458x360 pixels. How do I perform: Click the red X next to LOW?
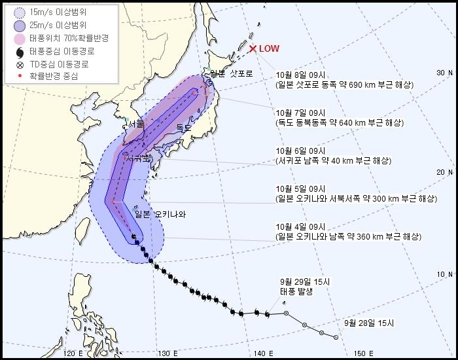[x=253, y=48]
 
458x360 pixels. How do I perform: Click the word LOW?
[x=269, y=48]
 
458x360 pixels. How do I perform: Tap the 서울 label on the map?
[x=136, y=124]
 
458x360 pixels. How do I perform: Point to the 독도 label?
[x=184, y=129]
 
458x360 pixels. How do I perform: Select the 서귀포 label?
[x=138, y=159]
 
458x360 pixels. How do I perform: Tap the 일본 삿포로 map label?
[x=226, y=73]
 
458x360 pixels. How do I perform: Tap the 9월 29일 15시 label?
[x=306, y=281]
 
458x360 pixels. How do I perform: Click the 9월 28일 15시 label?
[x=369, y=323]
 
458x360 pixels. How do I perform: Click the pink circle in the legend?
[x=18, y=39]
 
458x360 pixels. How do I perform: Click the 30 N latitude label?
[x=445, y=73]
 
